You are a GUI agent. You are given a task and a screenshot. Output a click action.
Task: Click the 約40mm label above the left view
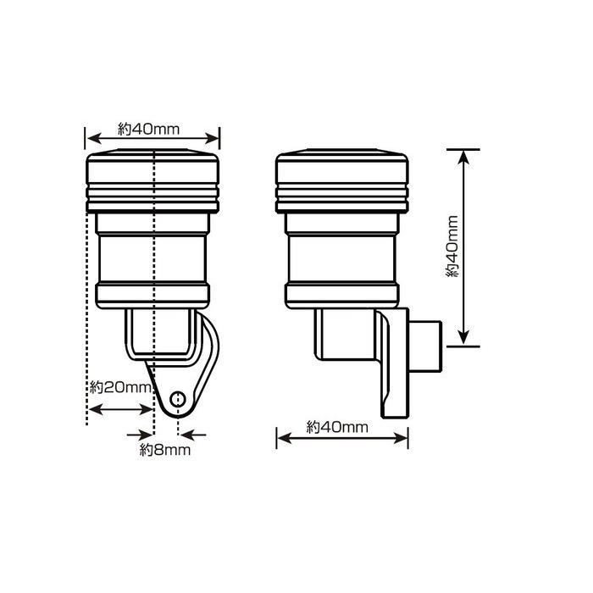tap(148, 130)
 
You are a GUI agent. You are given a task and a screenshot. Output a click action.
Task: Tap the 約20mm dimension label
tap(120, 387)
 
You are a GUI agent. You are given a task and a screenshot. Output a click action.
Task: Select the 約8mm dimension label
tap(165, 450)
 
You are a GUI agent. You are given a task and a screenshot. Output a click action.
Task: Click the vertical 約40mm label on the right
tap(452, 247)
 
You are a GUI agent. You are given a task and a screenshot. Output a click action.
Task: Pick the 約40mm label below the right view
tap(337, 427)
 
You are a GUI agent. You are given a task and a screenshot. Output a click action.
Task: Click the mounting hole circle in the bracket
tap(177, 399)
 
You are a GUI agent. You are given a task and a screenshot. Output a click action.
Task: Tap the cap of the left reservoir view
tap(152, 180)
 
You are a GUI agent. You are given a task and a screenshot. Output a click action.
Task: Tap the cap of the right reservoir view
tap(342, 180)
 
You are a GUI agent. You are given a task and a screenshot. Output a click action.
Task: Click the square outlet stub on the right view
tap(425, 346)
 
